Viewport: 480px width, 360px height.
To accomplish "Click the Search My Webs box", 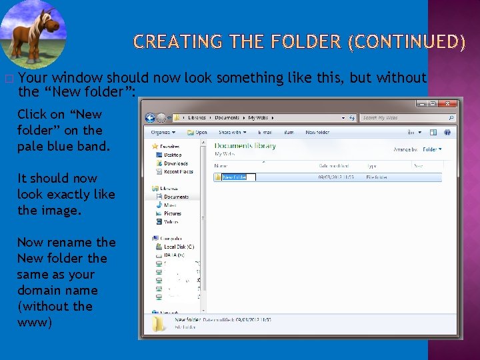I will pyautogui.click(x=407, y=118).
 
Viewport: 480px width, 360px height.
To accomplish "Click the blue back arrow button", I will pyautogui.click(x=151, y=118).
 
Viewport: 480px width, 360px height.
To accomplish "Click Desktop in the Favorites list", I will pyautogui.click(x=173, y=155).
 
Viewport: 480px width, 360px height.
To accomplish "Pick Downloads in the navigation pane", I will pyautogui.click(x=176, y=163).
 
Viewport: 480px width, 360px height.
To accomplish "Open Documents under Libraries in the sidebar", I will pyautogui.click(x=176, y=197).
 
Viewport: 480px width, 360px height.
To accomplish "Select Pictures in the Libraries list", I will pyautogui.click(x=173, y=213).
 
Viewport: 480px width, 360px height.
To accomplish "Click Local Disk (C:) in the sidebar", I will pyautogui.click(x=179, y=247).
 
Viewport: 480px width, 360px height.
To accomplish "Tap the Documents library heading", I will pyautogui.click(x=245, y=146).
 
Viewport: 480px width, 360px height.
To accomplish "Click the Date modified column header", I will pyautogui.click(x=334, y=165).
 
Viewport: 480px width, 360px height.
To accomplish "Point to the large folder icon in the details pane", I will pyautogui.click(x=158, y=324).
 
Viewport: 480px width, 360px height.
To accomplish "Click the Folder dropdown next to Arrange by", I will pyautogui.click(x=432, y=149).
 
